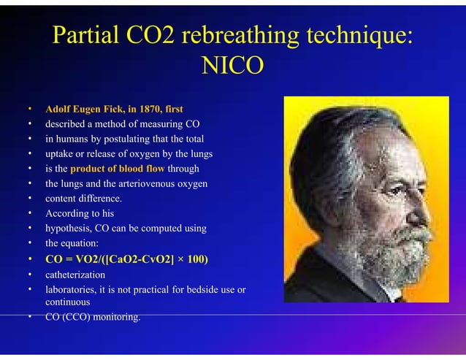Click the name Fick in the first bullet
[110, 110]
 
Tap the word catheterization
[75, 275]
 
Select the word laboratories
[72, 290]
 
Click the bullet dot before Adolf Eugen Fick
[30, 110]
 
